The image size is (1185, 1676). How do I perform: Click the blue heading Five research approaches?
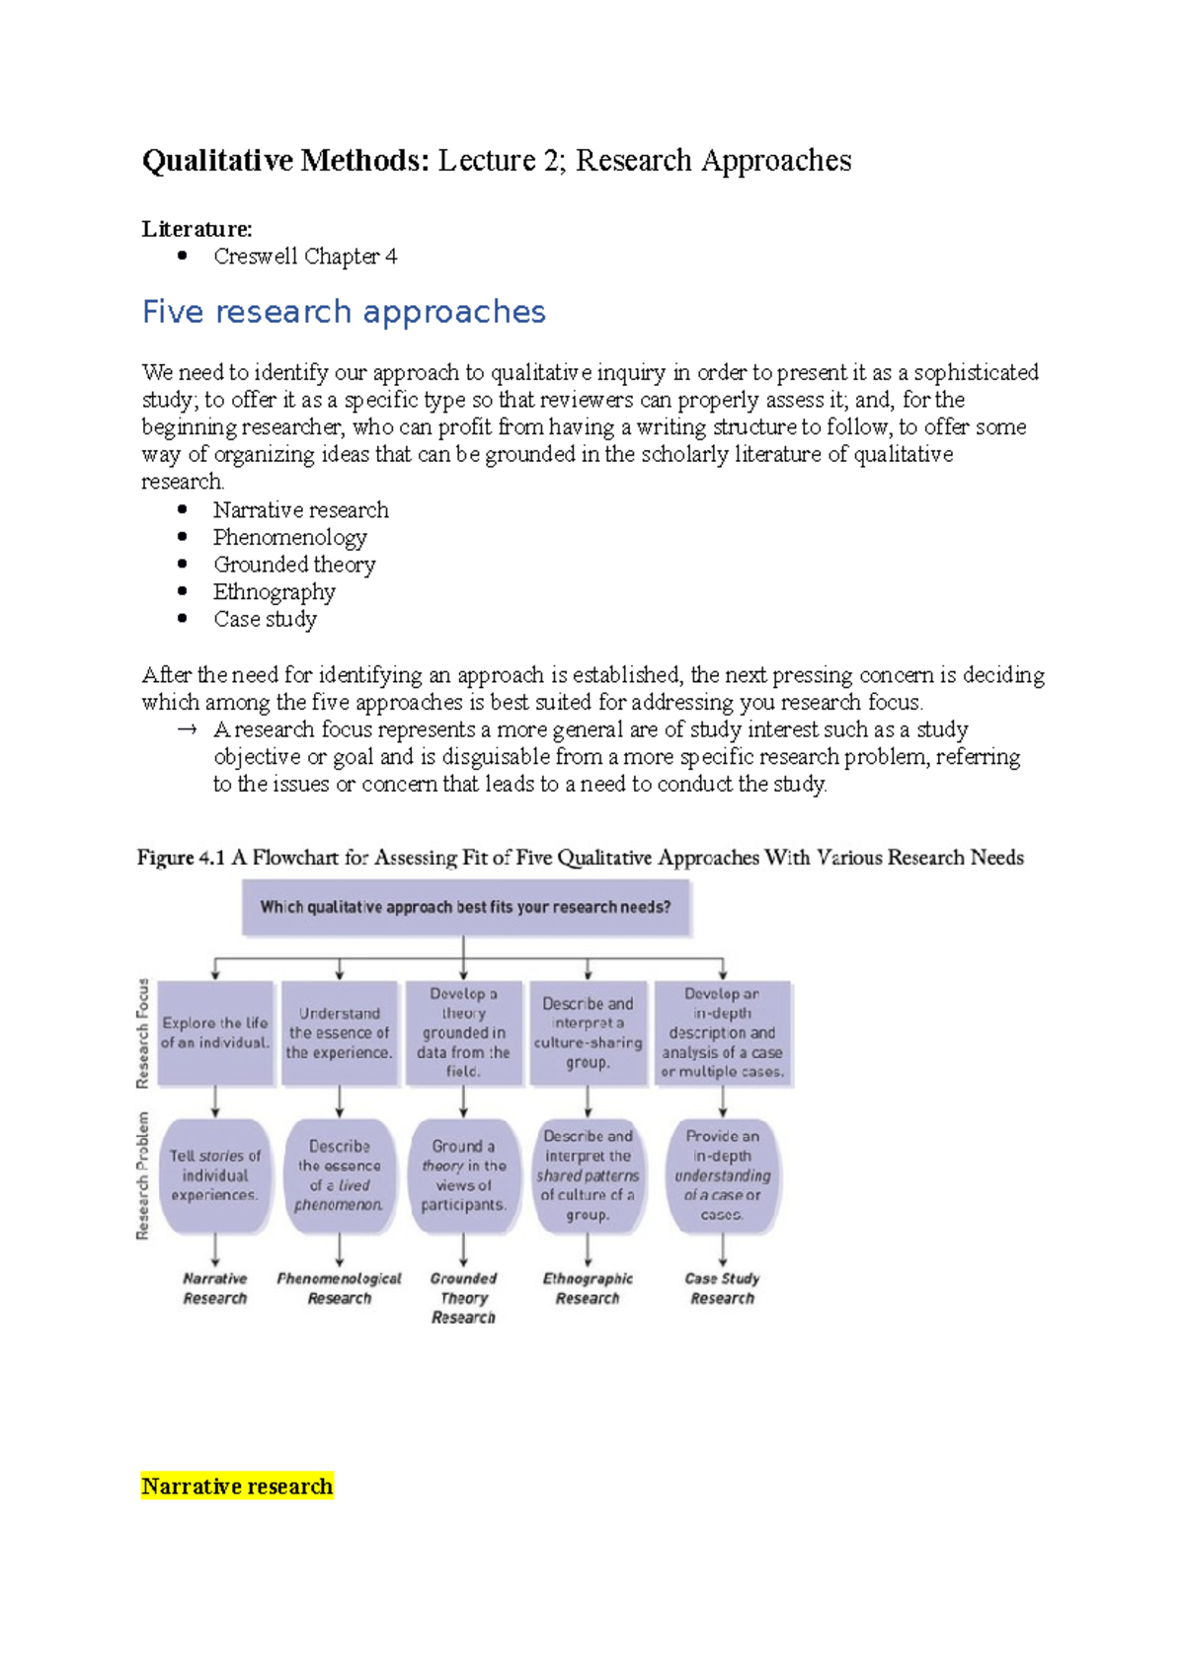point(344,312)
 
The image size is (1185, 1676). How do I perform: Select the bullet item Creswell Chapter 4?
point(305,257)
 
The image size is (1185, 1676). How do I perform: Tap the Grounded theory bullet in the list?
point(294,565)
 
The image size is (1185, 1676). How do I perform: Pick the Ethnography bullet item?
point(275,592)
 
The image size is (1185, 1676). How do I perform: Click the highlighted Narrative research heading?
point(237,1486)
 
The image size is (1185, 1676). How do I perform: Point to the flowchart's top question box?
point(465,907)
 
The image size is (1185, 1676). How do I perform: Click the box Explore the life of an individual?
point(215,1032)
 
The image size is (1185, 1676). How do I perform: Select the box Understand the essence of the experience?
point(339,1032)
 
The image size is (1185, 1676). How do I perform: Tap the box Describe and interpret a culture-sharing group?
point(588,1032)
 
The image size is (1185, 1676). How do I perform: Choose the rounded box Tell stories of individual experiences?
point(215,1175)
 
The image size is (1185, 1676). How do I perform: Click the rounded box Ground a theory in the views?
point(463,1175)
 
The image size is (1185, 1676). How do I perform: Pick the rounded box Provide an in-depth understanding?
point(722,1175)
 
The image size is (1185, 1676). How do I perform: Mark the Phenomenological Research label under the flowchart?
point(339,1288)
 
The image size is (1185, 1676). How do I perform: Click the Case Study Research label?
point(722,1288)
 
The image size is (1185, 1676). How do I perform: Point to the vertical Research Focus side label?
point(143,1033)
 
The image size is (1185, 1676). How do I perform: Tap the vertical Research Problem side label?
point(143,1176)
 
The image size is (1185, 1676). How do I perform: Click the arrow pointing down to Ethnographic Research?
point(588,1251)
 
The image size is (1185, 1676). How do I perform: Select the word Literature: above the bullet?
point(197,229)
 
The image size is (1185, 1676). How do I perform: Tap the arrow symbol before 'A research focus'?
point(187,730)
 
